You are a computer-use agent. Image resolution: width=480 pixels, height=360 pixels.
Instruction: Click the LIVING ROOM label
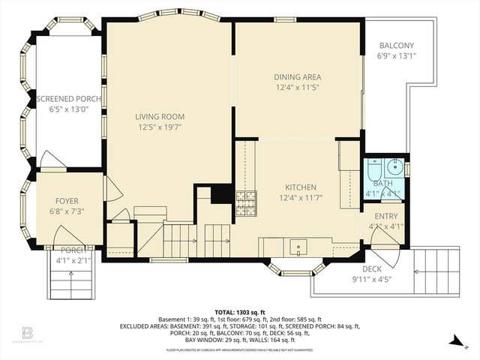point(160,116)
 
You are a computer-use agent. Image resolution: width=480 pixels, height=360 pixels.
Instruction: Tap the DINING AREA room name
point(298,76)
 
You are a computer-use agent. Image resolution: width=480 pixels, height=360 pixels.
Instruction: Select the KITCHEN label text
point(300,187)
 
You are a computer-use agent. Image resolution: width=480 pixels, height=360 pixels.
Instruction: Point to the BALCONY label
point(395,45)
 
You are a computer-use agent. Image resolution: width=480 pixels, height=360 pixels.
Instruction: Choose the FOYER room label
point(67,200)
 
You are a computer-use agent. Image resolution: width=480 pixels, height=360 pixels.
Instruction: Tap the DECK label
point(372,268)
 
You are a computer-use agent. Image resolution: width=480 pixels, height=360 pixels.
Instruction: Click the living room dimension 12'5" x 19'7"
point(160,127)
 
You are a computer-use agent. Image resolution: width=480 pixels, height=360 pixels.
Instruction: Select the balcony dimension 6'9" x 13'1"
point(395,55)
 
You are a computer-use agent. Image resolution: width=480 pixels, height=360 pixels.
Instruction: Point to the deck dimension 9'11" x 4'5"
point(372,279)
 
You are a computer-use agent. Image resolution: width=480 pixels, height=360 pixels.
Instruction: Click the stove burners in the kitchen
point(246,199)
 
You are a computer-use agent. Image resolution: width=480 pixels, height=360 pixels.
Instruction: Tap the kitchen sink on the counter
point(299,245)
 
